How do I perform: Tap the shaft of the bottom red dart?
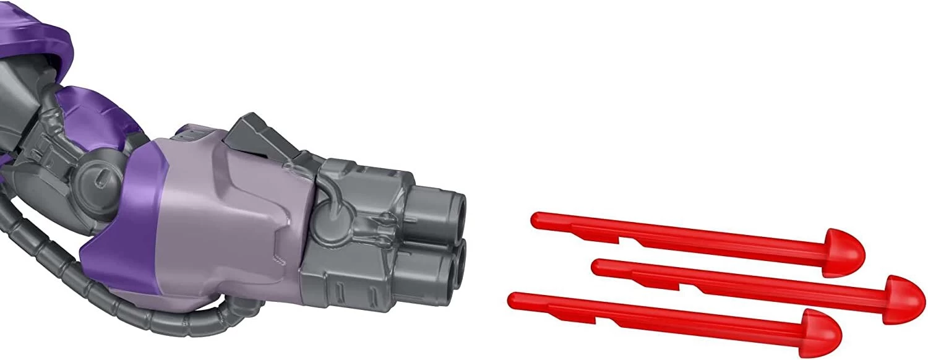click(656, 317)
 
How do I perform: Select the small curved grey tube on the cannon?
click(334, 204)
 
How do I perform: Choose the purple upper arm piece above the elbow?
click(99, 111)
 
